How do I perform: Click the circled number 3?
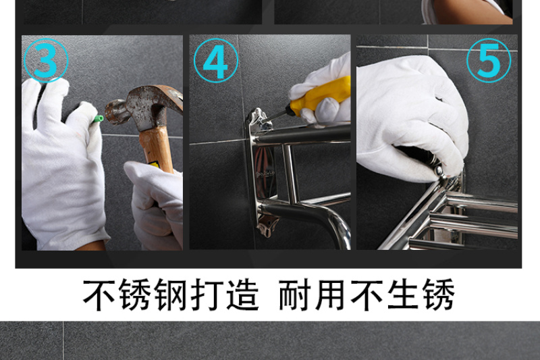[46, 61]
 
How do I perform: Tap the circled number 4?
[216, 61]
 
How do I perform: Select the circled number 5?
[489, 61]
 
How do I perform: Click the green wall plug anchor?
[98, 119]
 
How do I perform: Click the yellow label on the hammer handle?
[154, 165]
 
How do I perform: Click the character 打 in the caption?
[206, 295]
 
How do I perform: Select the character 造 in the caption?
[242, 295]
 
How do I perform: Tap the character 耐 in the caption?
[294, 295]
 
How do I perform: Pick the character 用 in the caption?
[330, 295]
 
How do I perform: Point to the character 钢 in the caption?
[170, 295]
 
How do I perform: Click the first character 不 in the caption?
[99, 295]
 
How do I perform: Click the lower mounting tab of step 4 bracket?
[267, 226]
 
